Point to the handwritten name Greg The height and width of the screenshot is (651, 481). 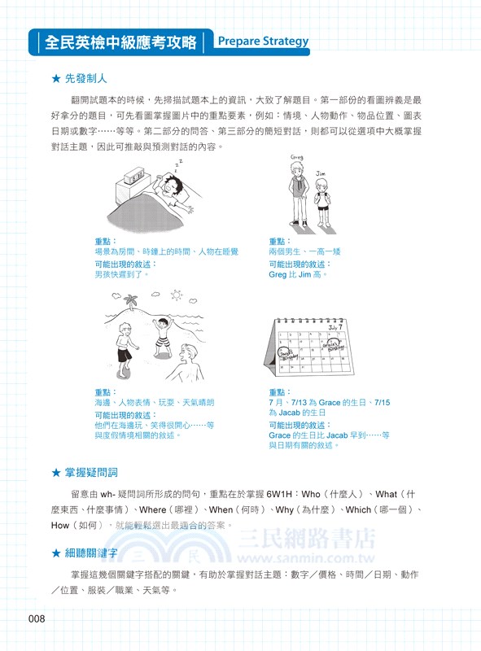pyautogui.click(x=297, y=157)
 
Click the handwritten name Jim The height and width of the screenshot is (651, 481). pyautogui.click(x=321, y=173)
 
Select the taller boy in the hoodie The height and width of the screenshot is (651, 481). pyautogui.click(x=300, y=195)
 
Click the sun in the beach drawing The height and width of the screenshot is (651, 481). pyautogui.click(x=177, y=295)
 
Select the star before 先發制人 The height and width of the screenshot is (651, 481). pyautogui.click(x=55, y=79)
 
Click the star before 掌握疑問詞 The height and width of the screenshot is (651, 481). pyautogui.click(x=55, y=472)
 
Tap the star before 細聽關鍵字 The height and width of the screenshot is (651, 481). pyautogui.click(x=55, y=553)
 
